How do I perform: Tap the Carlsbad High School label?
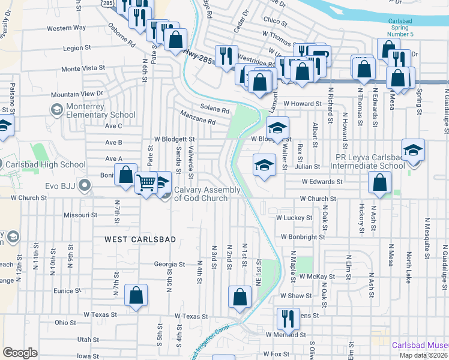point(45,165)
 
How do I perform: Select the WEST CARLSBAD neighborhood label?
point(140,239)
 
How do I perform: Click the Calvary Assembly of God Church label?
point(207,194)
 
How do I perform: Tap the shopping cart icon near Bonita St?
point(146,182)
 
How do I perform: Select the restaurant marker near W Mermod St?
point(288,319)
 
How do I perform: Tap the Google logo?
point(20,352)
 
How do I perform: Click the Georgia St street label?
point(169,264)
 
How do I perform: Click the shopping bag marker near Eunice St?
point(136,295)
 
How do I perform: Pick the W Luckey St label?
point(294,218)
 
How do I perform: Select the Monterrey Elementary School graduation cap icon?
point(56,110)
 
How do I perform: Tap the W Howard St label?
point(303,104)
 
